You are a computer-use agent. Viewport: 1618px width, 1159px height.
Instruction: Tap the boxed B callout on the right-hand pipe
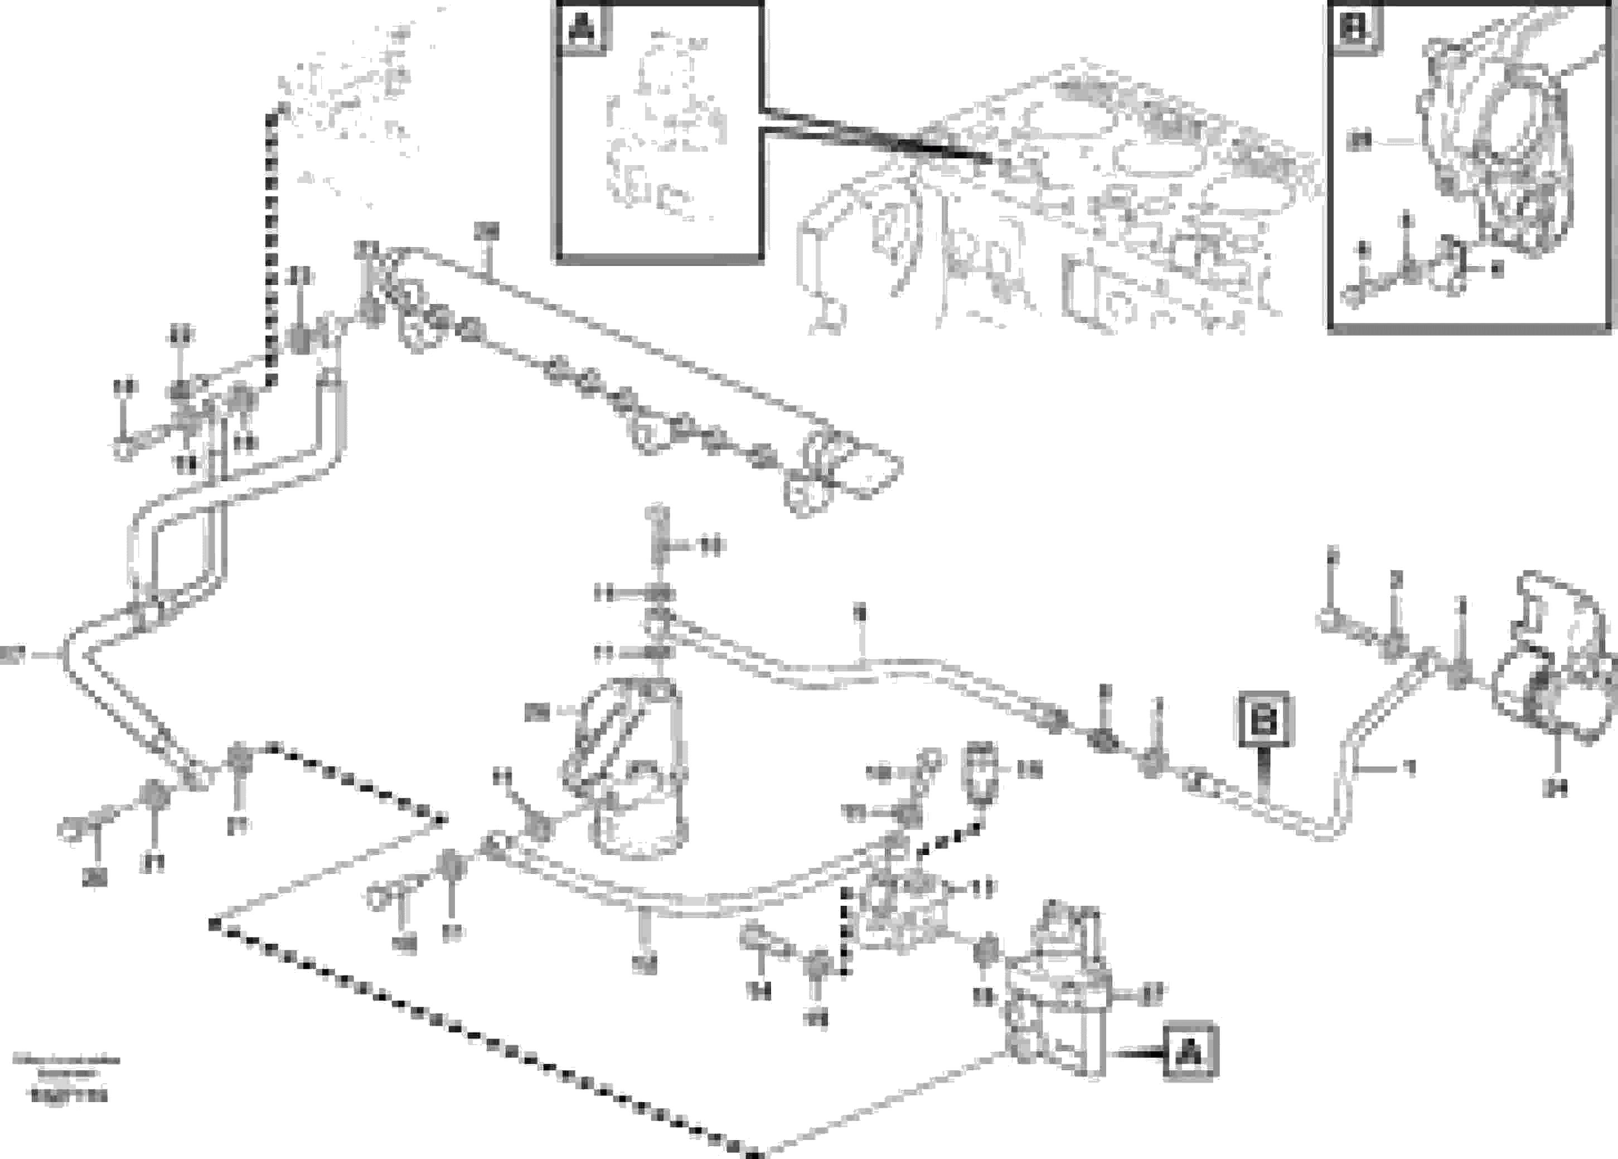[x=1264, y=719]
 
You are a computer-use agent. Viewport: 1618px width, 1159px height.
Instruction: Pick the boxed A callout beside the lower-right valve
[x=1189, y=1052]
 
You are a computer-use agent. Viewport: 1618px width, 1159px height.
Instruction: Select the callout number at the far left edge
[x=13, y=654]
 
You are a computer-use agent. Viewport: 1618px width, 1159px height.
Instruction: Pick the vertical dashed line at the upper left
[x=271, y=243]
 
